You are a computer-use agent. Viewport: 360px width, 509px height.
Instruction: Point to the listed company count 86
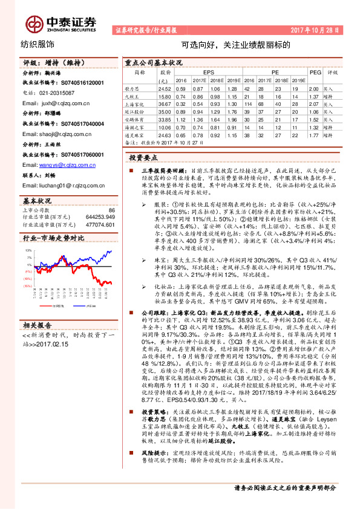[111, 210]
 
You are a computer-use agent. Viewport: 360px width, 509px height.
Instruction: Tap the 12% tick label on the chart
[27, 249]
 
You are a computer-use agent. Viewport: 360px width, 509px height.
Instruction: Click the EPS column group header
[209, 71]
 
